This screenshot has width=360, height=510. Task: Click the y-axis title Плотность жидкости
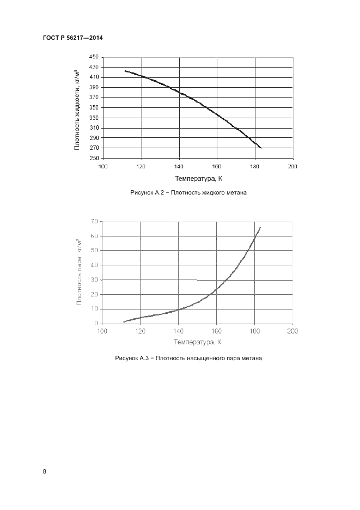click(x=77, y=109)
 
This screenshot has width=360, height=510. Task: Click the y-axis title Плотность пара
click(x=80, y=271)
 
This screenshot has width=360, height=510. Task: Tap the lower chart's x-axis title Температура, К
click(x=197, y=342)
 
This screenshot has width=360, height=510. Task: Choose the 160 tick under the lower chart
click(x=217, y=330)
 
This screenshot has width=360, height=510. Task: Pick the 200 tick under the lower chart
click(x=292, y=330)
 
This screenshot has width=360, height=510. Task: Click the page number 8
click(x=44, y=471)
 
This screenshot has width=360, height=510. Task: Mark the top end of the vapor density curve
click(x=260, y=227)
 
